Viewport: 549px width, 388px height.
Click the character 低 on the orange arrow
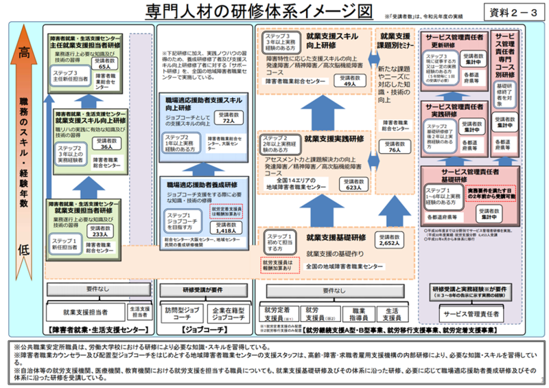click(x=23, y=251)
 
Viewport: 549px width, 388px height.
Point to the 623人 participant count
click(x=354, y=187)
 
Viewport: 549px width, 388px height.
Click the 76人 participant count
click(x=394, y=149)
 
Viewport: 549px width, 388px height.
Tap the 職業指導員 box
click(x=355, y=314)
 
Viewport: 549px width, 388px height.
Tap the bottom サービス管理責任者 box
click(x=472, y=313)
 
